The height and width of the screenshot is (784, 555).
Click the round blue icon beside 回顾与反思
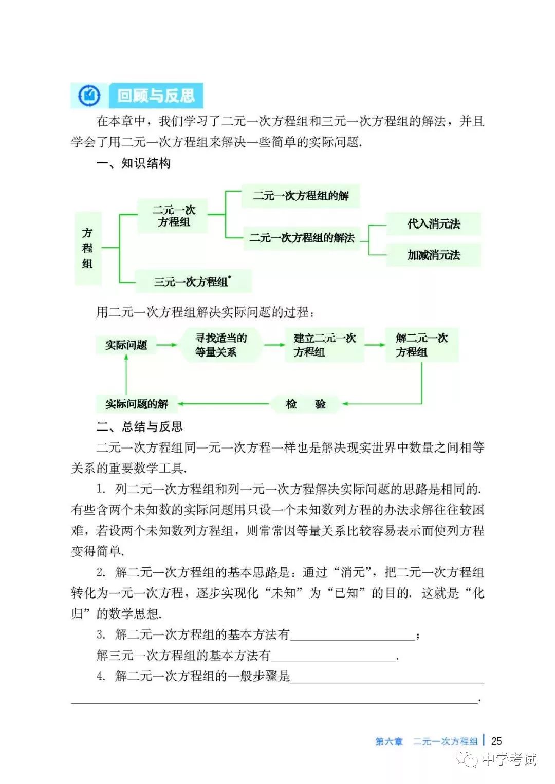point(90,96)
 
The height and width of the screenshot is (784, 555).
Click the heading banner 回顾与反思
point(156,96)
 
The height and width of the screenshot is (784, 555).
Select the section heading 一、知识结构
point(133,163)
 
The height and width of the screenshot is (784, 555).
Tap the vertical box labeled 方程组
point(88,248)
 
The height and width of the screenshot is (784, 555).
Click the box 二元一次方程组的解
point(301,196)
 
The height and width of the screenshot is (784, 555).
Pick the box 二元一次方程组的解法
point(302,238)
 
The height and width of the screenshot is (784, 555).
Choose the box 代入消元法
point(433,224)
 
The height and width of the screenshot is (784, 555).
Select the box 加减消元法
point(433,255)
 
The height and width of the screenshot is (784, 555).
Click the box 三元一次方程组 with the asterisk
point(193,282)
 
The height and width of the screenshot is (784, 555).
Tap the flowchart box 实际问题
point(126,345)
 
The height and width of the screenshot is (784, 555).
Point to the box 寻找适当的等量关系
point(220,345)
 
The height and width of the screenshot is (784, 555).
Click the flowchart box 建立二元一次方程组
point(324,345)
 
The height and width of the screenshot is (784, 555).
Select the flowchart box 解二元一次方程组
point(421,345)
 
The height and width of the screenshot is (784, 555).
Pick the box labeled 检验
point(305,404)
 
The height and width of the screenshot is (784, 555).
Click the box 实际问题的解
point(137,404)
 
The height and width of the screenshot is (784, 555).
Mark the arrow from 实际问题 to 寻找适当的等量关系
point(167,345)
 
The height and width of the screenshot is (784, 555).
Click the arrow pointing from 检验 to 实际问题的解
point(224,404)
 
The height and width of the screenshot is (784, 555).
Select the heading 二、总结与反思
point(139,426)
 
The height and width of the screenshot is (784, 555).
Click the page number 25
point(496,741)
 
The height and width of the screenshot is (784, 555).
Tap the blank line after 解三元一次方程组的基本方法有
point(334,656)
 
